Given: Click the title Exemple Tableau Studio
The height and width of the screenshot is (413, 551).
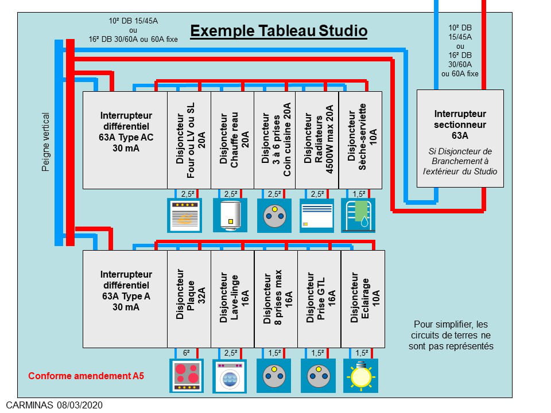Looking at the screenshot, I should pyautogui.click(x=278, y=30).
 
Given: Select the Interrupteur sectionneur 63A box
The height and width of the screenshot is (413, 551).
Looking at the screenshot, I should pyautogui.click(x=460, y=138).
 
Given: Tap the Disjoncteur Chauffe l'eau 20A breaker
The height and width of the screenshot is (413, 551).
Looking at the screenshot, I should pyautogui.click(x=232, y=140).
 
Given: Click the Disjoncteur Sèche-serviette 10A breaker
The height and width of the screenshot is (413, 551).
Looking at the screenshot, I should pyautogui.click(x=360, y=140).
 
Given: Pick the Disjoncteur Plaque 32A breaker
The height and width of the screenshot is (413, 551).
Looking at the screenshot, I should pyautogui.click(x=189, y=299).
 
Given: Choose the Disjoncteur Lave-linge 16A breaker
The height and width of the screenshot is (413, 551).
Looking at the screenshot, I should pyautogui.click(x=232, y=299).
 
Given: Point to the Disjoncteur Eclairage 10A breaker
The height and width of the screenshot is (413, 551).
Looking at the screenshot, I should pyautogui.click(x=363, y=299).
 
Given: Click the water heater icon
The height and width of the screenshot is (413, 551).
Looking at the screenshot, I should pyautogui.click(x=230, y=215).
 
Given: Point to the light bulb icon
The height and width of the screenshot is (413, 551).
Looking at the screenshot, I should pyautogui.click(x=362, y=376).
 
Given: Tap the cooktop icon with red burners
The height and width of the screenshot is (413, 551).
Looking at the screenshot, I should pyautogui.click(x=187, y=376).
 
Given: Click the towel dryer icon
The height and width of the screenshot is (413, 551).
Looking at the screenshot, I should pyautogui.click(x=358, y=215).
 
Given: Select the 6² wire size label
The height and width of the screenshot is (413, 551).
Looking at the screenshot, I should pyautogui.click(x=187, y=353).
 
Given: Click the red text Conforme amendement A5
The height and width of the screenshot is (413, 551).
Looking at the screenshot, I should pyautogui.click(x=86, y=376).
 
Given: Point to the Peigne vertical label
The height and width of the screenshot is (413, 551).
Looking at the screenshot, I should pyautogui.click(x=46, y=142).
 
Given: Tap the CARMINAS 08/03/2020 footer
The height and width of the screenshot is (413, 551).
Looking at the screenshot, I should pyautogui.click(x=55, y=405).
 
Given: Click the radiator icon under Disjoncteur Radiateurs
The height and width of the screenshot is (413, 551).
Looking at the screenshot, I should pyautogui.click(x=317, y=215).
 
